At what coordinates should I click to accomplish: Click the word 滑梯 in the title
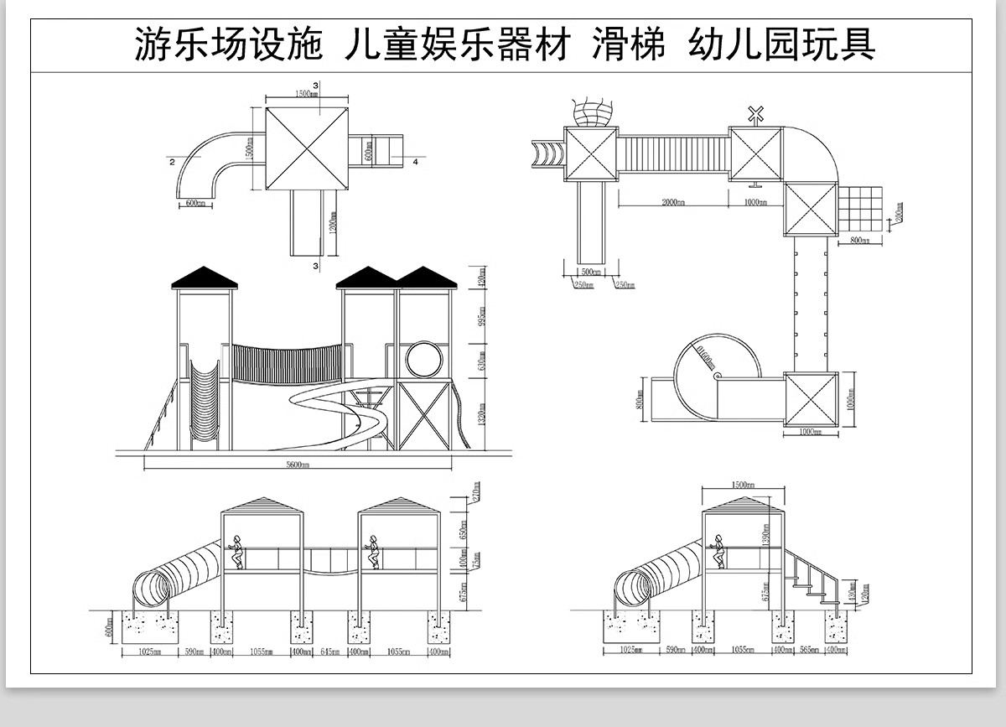tap(629, 44)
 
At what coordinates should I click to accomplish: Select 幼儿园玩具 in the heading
tap(781, 44)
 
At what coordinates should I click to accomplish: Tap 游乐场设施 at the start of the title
tap(229, 44)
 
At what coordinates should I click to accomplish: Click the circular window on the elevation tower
tap(423, 359)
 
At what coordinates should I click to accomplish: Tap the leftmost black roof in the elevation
tap(205, 278)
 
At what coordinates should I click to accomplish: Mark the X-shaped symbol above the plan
tap(756, 114)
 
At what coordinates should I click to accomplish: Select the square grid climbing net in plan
tap(861, 209)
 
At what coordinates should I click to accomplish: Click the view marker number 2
tap(172, 162)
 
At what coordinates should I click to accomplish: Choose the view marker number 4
tap(414, 162)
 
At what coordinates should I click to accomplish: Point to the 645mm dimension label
tap(332, 651)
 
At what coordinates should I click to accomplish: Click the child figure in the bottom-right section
tap(718, 550)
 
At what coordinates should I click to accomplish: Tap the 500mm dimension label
tap(591, 272)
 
